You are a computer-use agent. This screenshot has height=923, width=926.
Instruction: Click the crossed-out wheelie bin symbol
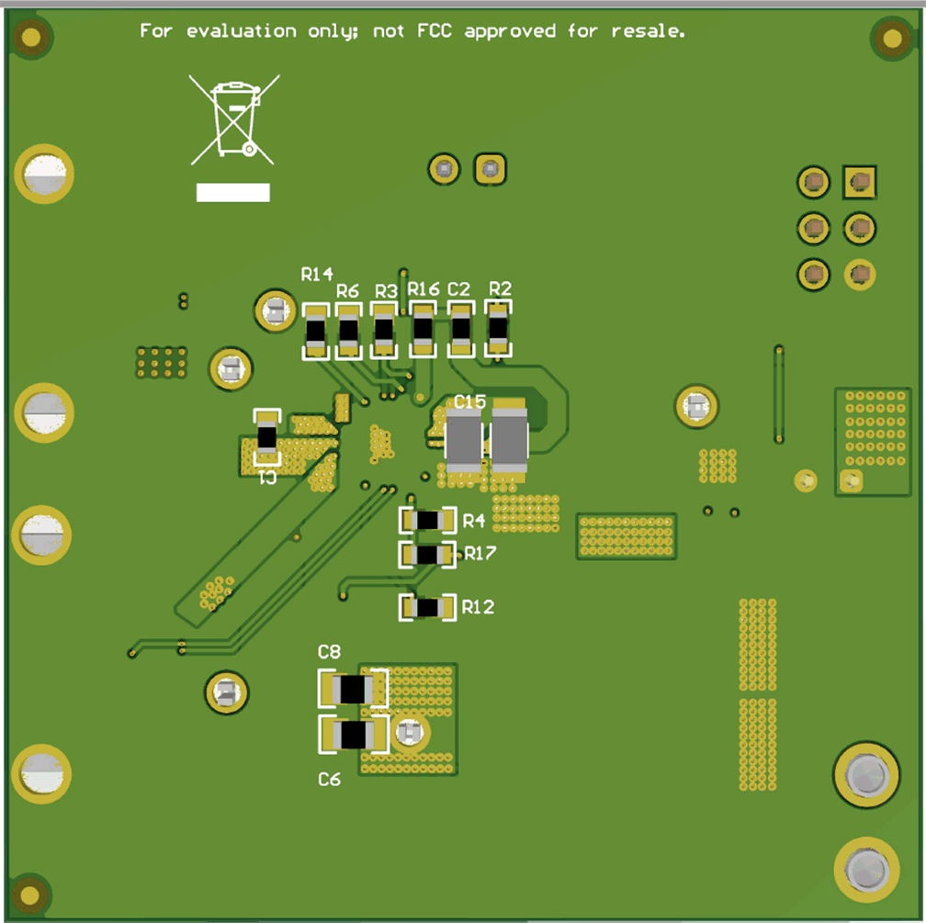pos(234,119)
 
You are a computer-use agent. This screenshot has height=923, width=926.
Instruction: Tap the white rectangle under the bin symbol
pos(232,192)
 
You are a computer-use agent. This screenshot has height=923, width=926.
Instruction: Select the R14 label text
pos(317,274)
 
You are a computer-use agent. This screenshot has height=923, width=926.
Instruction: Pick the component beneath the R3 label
pos(383,331)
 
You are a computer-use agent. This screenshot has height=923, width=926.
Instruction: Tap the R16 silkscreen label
pos(423,289)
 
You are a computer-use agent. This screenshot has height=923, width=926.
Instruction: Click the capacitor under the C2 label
pos(460,330)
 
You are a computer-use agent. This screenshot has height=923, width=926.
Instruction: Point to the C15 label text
pos(469,401)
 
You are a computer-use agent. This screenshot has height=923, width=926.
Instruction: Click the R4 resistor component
pos(427,521)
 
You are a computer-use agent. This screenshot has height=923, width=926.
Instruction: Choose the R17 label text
pos(480,554)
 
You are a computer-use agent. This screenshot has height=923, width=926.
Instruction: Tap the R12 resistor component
pos(427,607)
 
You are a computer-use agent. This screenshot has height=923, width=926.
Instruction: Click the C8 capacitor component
pos(353,689)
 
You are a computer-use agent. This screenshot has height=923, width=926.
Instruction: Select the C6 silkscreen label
pos(329,779)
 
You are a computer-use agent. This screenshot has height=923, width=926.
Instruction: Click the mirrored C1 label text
pos(266,478)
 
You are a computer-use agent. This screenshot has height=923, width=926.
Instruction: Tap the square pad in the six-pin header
pos(860,183)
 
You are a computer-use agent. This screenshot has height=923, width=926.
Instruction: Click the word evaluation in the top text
pos(242,31)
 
